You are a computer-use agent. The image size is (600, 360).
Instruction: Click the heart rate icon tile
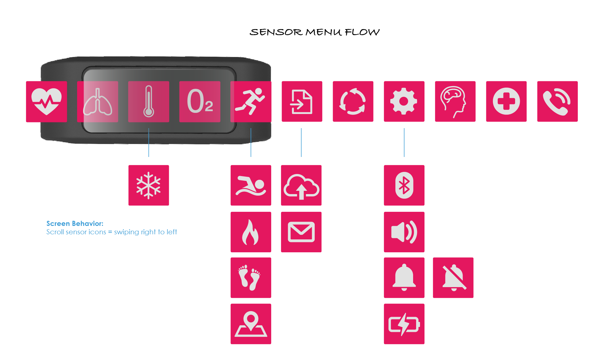coord(46,101)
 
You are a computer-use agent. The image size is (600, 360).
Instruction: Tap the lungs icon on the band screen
coord(97,101)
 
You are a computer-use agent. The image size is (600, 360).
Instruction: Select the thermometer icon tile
coord(148,101)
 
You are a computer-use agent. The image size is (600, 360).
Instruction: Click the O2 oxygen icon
coord(200,101)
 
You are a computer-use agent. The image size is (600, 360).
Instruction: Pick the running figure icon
coord(251,101)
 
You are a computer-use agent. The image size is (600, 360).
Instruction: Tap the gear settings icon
coord(404,101)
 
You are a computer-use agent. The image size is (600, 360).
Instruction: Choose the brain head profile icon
coord(455,101)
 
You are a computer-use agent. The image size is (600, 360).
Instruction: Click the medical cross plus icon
coord(506,101)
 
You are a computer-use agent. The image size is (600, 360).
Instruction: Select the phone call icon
coord(557,101)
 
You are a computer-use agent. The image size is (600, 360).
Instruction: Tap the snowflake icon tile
coord(148,185)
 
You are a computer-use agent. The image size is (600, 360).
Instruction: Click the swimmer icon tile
coord(251,185)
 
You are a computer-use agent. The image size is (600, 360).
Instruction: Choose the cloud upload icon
coord(301,185)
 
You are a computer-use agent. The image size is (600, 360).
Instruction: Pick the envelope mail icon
coord(301,232)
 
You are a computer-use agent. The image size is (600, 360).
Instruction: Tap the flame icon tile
coord(251,232)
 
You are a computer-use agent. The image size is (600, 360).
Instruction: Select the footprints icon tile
coord(251,277)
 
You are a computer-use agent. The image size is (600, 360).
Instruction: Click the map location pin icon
coord(251,324)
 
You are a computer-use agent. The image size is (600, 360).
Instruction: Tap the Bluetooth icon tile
coord(404,185)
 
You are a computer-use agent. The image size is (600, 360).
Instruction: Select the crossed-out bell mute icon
coord(453,277)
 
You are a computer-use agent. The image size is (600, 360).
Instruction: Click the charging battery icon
coord(404,324)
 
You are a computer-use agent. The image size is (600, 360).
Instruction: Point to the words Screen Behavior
coord(75,223)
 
